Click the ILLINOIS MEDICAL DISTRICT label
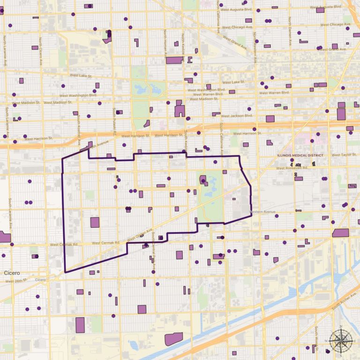(x=300, y=155)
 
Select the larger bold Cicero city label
(x=12, y=272)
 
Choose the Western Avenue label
(x=262, y=212)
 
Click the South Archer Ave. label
(x=345, y=307)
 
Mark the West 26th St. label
(x=16, y=281)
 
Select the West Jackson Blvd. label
(x=237, y=115)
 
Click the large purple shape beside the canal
(x=173, y=339)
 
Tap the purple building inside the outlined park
(x=202, y=180)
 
